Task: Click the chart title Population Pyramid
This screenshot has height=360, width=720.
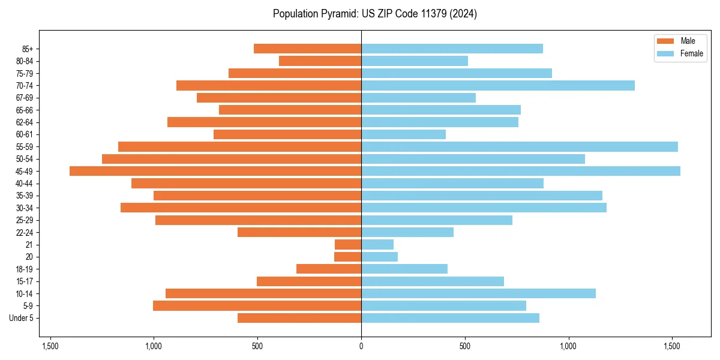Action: click(x=374, y=14)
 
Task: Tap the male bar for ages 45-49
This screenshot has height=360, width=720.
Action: click(x=215, y=171)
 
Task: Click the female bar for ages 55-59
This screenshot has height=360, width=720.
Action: click(x=520, y=146)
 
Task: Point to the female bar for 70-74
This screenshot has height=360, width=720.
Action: click(x=498, y=85)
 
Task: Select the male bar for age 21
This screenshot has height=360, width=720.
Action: click(x=348, y=244)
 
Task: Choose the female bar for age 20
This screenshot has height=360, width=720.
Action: click(x=379, y=257)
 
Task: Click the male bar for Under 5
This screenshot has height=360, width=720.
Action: click(x=299, y=318)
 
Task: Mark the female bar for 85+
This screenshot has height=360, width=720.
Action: click(x=452, y=49)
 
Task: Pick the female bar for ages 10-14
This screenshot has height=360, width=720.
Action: click(x=478, y=293)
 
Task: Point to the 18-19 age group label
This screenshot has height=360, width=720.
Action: click(x=24, y=269)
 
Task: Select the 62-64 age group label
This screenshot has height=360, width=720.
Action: click(x=24, y=122)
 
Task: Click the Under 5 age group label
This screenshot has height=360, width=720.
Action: click(x=21, y=318)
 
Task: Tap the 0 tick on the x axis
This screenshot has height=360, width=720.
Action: click(x=361, y=346)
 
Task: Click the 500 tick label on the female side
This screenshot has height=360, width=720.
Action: click(x=464, y=346)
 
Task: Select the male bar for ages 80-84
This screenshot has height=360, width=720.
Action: click(x=320, y=61)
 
